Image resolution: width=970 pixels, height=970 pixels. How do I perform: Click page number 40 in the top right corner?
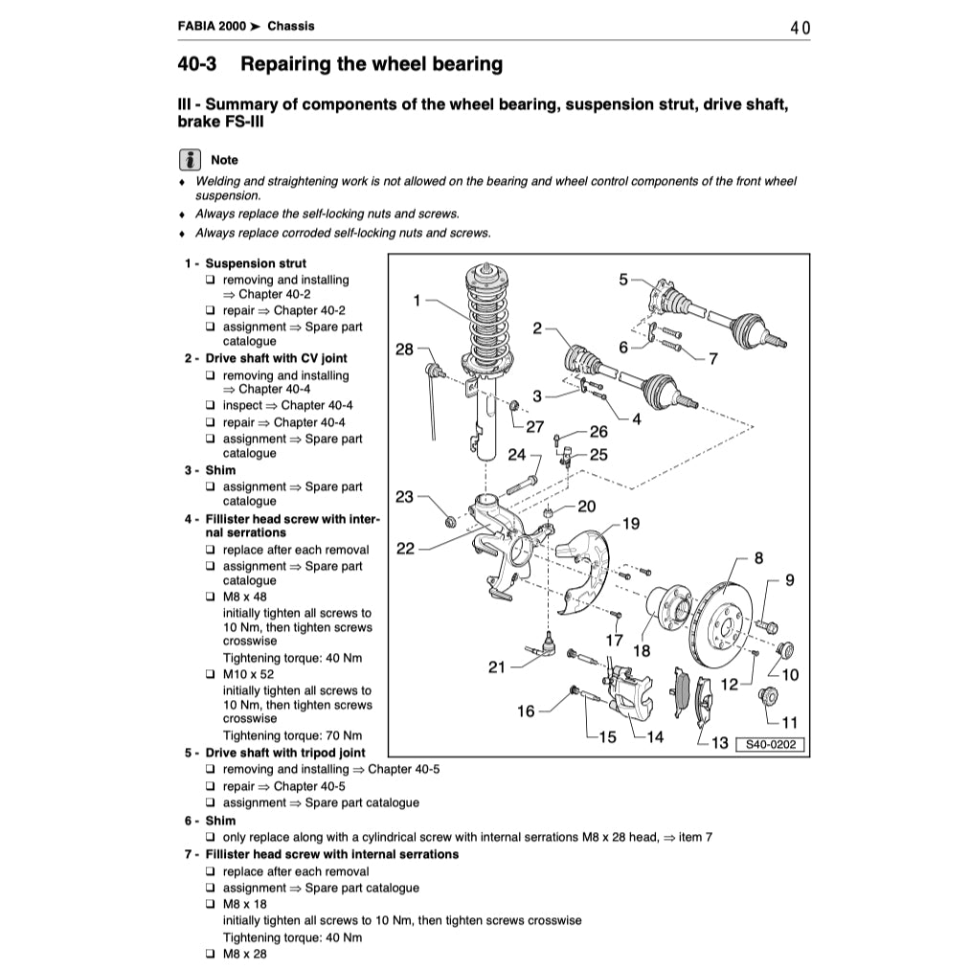(x=801, y=28)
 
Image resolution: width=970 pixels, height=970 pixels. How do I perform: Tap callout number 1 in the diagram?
(x=417, y=301)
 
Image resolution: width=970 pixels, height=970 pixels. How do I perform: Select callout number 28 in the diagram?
(x=405, y=350)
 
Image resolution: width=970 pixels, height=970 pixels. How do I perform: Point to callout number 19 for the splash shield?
(x=630, y=524)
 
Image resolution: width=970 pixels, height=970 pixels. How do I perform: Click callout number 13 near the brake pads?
(x=719, y=743)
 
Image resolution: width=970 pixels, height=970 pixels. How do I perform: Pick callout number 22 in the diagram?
(x=405, y=549)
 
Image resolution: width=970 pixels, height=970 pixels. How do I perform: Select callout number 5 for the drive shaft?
(x=623, y=280)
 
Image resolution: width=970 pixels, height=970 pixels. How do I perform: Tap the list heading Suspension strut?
(x=256, y=263)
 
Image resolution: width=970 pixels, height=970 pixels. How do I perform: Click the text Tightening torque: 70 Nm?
(x=292, y=735)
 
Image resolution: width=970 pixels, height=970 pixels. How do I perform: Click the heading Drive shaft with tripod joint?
(x=284, y=753)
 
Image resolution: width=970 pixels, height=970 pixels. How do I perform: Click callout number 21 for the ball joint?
(x=496, y=667)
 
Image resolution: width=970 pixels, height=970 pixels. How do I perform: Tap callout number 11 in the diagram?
(x=789, y=722)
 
